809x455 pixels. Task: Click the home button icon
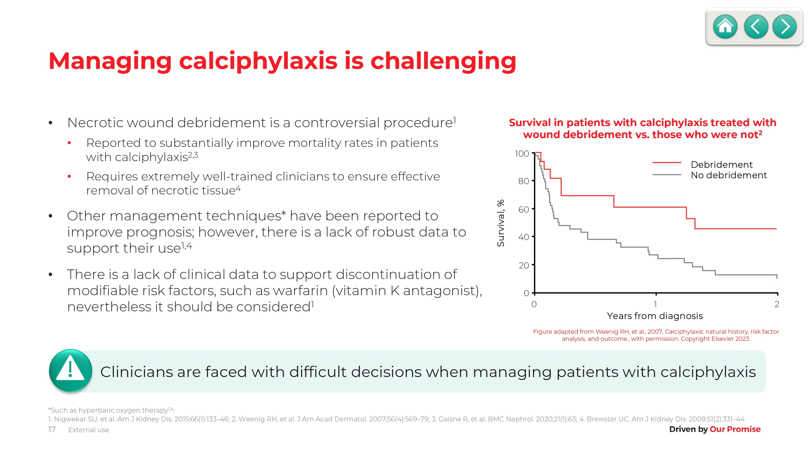pyautogui.click(x=725, y=26)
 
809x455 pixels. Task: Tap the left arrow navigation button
pyautogui.click(x=756, y=26)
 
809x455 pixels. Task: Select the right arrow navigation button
pyautogui.click(x=784, y=26)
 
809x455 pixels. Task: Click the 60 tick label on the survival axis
pyautogui.click(x=524, y=209)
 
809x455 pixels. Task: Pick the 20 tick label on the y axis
pyautogui.click(x=524, y=265)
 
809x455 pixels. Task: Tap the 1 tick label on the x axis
pyautogui.click(x=656, y=304)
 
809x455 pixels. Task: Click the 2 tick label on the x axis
pyautogui.click(x=777, y=304)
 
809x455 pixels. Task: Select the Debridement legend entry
pyautogui.click(x=721, y=164)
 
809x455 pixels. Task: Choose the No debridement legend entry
pyautogui.click(x=729, y=175)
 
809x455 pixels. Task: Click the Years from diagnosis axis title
pyautogui.click(x=655, y=316)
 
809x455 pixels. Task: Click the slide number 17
pyautogui.click(x=52, y=429)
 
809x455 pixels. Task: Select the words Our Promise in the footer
pyautogui.click(x=735, y=429)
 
